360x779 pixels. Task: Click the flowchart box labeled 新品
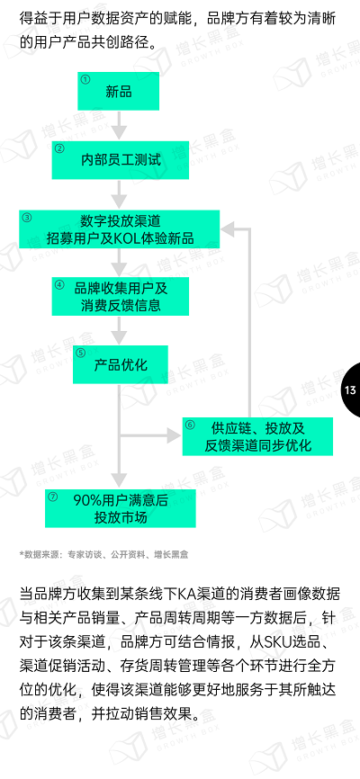pyautogui.click(x=118, y=91)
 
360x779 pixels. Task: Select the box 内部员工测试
pyautogui.click(x=121, y=160)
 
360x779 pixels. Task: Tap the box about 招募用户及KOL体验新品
pyautogui.click(x=120, y=229)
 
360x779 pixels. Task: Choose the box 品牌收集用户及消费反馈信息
pyautogui.click(x=121, y=296)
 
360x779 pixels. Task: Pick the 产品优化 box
pyautogui.click(x=121, y=364)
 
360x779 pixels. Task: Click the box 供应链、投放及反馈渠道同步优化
pyautogui.click(x=257, y=436)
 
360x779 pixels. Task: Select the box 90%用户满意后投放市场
pyautogui.click(x=121, y=508)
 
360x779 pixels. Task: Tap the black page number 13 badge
pyautogui.click(x=352, y=390)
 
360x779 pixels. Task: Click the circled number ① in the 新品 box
pyautogui.click(x=85, y=79)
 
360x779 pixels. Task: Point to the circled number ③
pyautogui.click(x=27, y=217)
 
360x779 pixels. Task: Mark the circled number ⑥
pyautogui.click(x=190, y=425)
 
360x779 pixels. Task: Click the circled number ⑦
pyautogui.click(x=53, y=497)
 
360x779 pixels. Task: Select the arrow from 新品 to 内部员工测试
pyautogui.click(x=119, y=125)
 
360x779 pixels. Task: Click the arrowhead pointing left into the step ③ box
pyautogui.click(x=229, y=229)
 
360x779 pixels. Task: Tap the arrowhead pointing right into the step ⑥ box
pyautogui.click(x=174, y=436)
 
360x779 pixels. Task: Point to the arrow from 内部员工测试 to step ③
pyautogui.click(x=119, y=194)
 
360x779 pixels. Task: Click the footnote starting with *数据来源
pyautogui.click(x=103, y=554)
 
